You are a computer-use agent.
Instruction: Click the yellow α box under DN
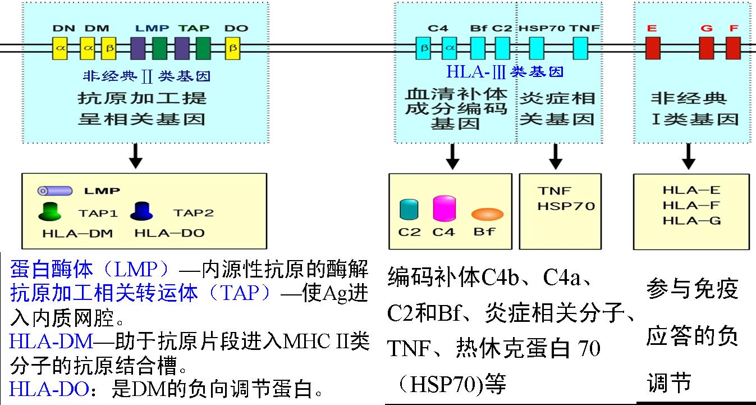pos(60,48)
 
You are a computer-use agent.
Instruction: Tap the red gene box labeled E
pos(652,48)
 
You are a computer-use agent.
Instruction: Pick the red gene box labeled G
pos(707,48)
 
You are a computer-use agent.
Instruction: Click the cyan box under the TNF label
pos(580,48)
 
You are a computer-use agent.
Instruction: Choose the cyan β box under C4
pos(424,48)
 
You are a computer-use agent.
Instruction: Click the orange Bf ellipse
pos(487,214)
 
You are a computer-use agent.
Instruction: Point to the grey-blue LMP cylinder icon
pos(55,191)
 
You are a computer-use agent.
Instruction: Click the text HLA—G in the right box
pos(691,220)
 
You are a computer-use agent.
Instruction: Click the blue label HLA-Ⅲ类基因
pos(505,72)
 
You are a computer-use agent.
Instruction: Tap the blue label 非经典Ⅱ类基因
pos(147,76)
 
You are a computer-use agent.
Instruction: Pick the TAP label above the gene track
pos(194,28)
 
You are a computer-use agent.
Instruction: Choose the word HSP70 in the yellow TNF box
pos(566,206)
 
